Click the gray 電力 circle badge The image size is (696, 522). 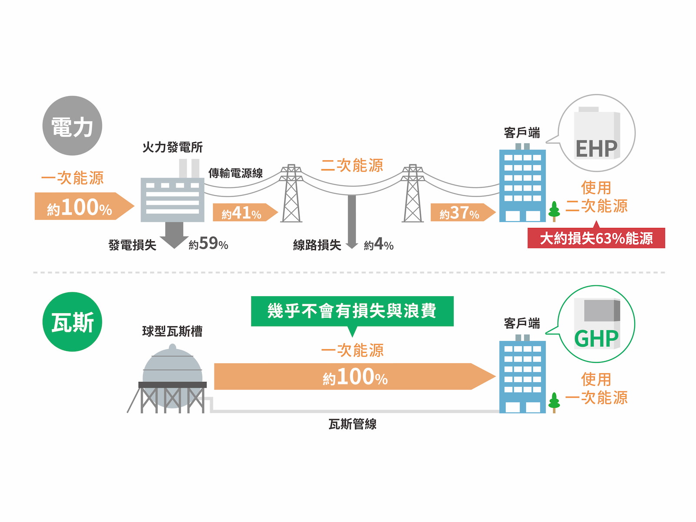tap(72, 126)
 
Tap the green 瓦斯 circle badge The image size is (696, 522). tap(72, 322)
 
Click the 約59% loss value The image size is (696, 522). tap(208, 244)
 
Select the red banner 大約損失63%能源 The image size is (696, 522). tap(596, 238)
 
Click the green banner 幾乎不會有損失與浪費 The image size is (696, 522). tap(352, 311)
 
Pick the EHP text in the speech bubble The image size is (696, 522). tap(596, 149)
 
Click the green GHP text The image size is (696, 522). tap(596, 339)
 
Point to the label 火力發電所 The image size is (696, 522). tap(173, 147)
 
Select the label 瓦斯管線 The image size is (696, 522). tap(352, 424)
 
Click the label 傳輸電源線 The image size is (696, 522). tap(235, 173)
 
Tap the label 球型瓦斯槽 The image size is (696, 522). tap(172, 331)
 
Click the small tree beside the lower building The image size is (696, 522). tap(554, 402)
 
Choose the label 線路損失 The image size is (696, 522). tap(317, 245)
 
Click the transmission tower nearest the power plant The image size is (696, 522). tap(291, 194)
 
